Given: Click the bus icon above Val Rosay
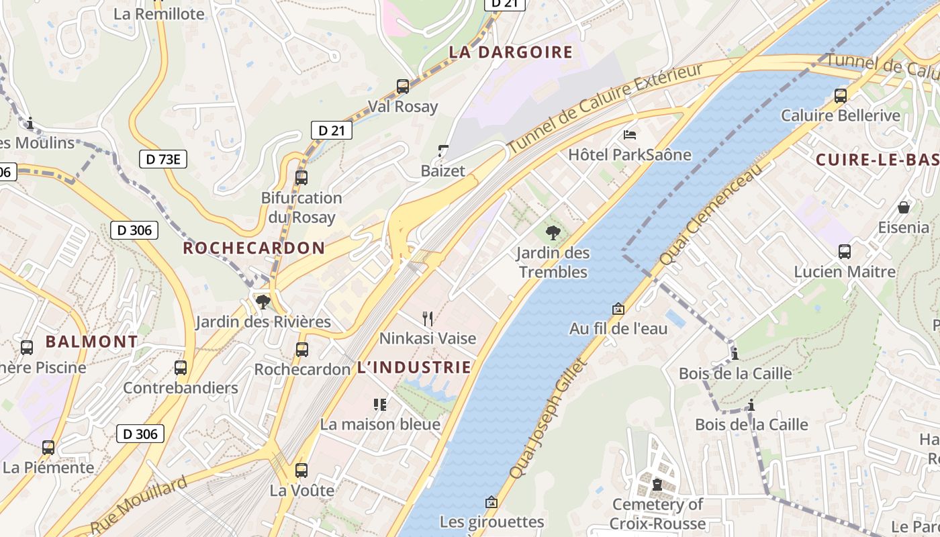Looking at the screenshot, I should click(403, 86).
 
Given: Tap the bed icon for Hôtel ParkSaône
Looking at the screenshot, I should click(630, 135).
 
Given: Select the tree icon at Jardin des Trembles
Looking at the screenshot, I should click(553, 233).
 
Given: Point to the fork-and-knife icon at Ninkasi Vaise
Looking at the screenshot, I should click(427, 318).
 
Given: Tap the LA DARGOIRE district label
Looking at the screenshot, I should click(511, 52).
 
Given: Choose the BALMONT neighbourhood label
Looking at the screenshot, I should click(91, 341).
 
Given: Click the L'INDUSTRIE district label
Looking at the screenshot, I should click(414, 367).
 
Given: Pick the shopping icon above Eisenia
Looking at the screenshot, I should click(904, 207).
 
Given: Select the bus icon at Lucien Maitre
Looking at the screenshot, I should click(845, 252).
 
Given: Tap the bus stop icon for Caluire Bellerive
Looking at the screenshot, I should click(841, 95).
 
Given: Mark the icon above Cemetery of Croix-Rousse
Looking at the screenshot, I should click(657, 484).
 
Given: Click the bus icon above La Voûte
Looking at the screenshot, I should click(301, 471).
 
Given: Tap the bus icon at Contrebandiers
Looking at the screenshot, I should click(181, 368).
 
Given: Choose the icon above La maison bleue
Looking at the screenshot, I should click(380, 404).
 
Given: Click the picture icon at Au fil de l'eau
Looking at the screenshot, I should click(618, 309).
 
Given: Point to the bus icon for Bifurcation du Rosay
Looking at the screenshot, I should click(301, 178).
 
